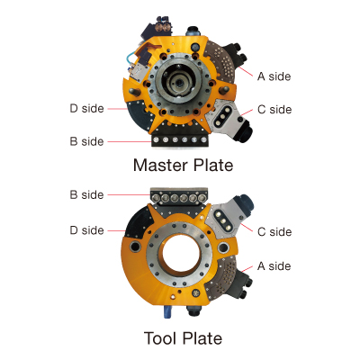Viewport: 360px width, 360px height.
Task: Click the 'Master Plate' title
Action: [x=183, y=166]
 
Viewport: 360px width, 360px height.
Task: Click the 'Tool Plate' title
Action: [x=183, y=338]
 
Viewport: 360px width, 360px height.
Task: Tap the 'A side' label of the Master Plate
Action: [x=274, y=76]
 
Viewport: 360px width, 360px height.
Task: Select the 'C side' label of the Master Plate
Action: [x=274, y=110]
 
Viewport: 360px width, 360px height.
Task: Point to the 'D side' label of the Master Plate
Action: [x=86, y=108]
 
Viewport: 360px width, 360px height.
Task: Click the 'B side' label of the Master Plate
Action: [x=86, y=141]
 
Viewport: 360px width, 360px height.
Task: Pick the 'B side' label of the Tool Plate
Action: [x=86, y=194]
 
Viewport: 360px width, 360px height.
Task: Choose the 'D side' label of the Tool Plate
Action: [x=86, y=230]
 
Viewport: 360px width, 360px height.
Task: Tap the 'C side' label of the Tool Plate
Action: [x=274, y=231]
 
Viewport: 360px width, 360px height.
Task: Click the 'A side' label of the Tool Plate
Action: [x=274, y=266]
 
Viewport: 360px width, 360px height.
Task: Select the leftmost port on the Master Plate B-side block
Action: [x=156, y=139]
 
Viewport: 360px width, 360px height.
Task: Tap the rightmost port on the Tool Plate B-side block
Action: [x=202, y=198]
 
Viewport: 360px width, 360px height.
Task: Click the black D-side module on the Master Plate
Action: [x=139, y=116]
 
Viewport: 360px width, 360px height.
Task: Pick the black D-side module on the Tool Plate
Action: [x=138, y=222]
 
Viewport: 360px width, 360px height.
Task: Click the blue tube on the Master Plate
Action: [x=129, y=59]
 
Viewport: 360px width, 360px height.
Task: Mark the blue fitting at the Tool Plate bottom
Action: [x=167, y=312]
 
